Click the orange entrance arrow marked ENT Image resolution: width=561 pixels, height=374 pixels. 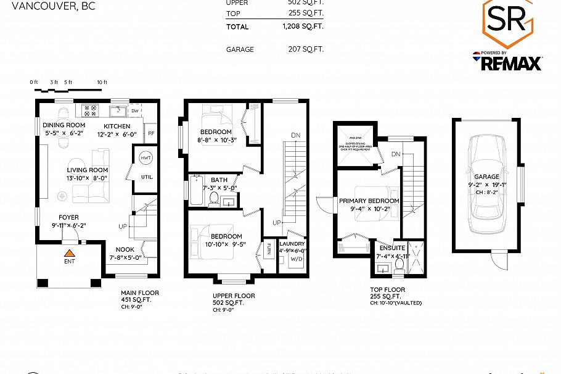click(70, 252)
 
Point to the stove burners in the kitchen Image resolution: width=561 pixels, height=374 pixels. click(90, 111)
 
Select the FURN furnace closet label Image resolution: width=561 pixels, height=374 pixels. click(269, 251)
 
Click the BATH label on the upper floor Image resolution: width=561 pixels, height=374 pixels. click(219, 180)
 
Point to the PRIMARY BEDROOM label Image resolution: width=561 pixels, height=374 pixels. click(369, 201)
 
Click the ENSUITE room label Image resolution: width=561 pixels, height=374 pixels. click(391, 248)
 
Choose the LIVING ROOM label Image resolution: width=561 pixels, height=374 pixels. click(88, 170)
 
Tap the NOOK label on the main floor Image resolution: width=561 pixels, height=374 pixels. click(125, 250)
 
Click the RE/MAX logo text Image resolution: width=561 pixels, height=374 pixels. click(511, 63)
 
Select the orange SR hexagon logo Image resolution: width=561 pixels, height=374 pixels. click(506, 23)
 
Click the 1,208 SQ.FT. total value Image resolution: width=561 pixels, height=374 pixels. click(302, 27)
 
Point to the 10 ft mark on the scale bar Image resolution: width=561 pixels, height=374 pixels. click(102, 82)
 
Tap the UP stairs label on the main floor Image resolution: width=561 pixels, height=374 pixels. click(123, 226)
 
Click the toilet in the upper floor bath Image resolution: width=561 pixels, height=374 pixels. click(214, 198)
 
